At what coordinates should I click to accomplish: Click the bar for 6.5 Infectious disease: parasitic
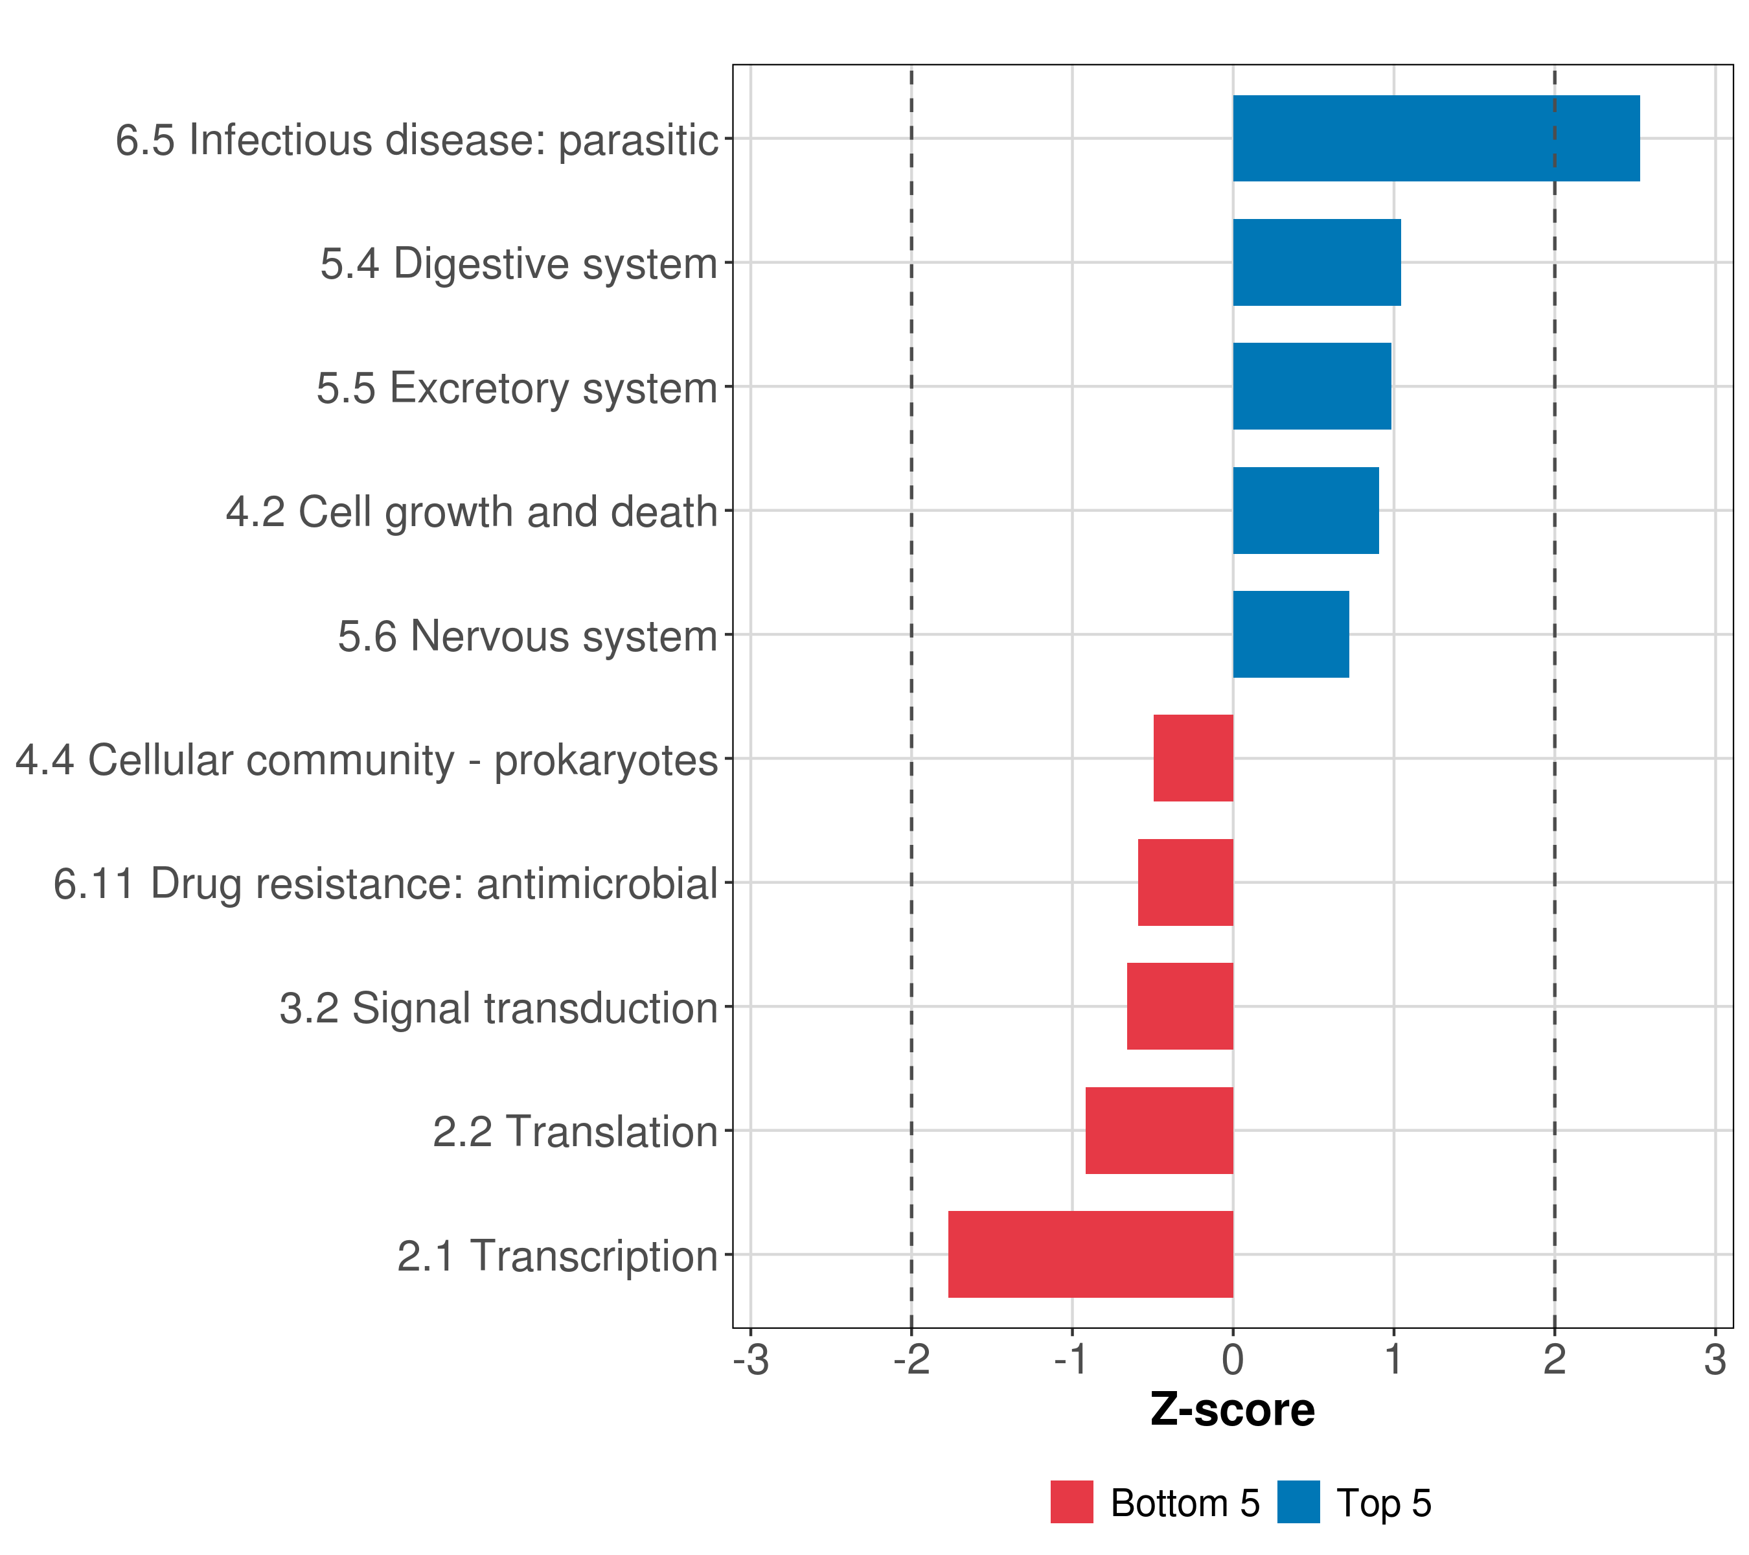[x=1436, y=138]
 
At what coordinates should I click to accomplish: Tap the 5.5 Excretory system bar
[x=1312, y=386]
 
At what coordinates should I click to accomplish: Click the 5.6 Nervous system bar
[x=1290, y=634]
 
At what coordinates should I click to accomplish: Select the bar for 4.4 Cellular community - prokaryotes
[x=1193, y=758]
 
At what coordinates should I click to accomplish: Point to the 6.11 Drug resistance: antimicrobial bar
[x=1185, y=882]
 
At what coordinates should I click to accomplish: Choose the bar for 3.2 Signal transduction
[x=1180, y=1006]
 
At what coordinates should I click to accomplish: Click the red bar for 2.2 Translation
[x=1159, y=1131]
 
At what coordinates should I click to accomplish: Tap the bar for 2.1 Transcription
[x=1090, y=1254]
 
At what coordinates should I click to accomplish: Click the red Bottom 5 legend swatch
[x=1071, y=1503]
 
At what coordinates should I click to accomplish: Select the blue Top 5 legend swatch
[x=1298, y=1503]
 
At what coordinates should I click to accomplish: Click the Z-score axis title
[x=1232, y=1409]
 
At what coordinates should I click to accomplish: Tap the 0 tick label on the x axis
[x=1233, y=1360]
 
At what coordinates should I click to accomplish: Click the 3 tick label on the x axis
[x=1715, y=1360]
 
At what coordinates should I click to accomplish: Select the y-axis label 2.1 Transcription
[x=557, y=1256]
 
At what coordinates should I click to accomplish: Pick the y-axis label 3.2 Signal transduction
[x=498, y=1008]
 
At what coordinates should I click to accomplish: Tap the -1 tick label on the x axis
[x=1071, y=1360]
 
